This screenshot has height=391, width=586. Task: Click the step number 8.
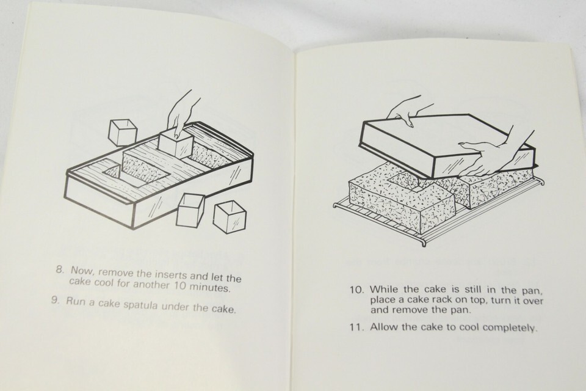(x=60, y=269)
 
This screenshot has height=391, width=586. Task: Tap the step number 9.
(x=56, y=300)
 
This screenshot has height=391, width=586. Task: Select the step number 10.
(x=357, y=290)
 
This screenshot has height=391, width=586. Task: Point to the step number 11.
(x=356, y=327)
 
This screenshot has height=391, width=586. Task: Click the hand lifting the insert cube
(x=183, y=113)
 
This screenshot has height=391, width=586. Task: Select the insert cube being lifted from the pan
(x=176, y=145)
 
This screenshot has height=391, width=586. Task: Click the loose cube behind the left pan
(x=122, y=133)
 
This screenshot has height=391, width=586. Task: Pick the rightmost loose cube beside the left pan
(x=230, y=217)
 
